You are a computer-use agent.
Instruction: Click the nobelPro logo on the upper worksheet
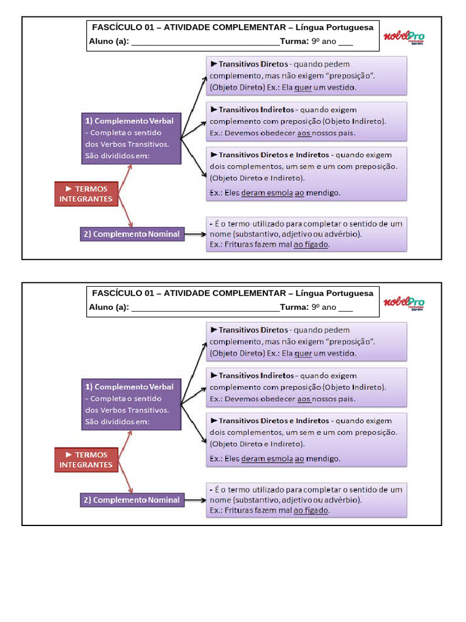[404, 37]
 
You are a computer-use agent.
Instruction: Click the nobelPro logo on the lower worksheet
[404, 303]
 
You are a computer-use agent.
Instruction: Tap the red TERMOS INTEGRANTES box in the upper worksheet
[86, 194]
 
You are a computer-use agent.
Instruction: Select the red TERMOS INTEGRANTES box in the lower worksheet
[86, 460]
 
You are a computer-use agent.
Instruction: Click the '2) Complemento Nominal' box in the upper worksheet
[132, 234]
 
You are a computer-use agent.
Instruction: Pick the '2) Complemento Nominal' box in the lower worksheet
[132, 500]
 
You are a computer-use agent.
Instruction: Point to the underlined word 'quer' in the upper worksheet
[303, 87]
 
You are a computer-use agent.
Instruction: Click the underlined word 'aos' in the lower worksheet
[304, 399]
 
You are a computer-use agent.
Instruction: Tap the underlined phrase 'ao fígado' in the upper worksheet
[311, 244]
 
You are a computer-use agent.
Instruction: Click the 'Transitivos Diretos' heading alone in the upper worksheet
[253, 64]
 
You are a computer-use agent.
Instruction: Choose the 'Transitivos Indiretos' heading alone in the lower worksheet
[257, 375]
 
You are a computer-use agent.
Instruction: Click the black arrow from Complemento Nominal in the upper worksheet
[195, 234]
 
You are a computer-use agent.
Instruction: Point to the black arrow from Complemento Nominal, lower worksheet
[195, 501]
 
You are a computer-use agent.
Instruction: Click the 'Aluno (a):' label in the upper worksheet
[109, 41]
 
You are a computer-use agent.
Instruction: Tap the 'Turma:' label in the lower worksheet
[294, 307]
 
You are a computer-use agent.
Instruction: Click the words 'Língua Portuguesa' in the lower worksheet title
[334, 293]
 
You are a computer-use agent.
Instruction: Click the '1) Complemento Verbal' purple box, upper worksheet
[132, 138]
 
